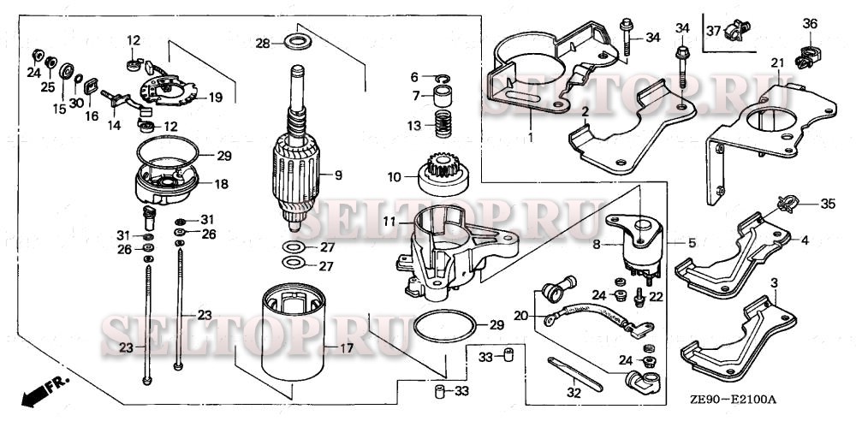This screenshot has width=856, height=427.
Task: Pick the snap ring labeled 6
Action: pyautogui.click(x=443, y=79)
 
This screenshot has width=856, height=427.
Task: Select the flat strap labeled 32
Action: pyautogui.click(x=574, y=373)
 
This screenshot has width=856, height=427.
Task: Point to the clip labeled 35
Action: pyautogui.click(x=788, y=204)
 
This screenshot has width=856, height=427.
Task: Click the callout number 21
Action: pyautogui.click(x=777, y=63)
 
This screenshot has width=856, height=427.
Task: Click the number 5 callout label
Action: pyautogui.click(x=693, y=244)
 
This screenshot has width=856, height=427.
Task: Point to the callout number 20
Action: pyautogui.click(x=521, y=315)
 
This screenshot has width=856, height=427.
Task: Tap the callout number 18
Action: pyautogui.click(x=222, y=184)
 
